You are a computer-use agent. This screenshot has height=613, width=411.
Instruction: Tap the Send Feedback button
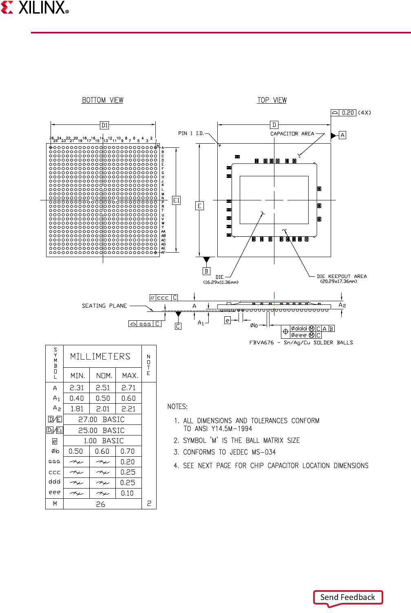[x=348, y=597]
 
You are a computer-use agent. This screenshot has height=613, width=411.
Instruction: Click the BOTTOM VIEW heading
[x=102, y=100]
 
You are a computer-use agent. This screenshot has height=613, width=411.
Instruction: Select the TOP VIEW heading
[x=272, y=100]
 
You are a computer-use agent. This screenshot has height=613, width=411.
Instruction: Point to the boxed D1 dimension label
[x=104, y=125]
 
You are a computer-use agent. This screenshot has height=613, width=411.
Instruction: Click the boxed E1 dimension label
[x=176, y=200]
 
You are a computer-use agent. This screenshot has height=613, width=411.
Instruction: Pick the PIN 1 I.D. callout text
[x=191, y=133]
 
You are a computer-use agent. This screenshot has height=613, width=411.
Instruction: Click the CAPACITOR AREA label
[x=292, y=134]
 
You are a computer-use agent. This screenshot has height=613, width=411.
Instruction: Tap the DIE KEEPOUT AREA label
[x=342, y=276]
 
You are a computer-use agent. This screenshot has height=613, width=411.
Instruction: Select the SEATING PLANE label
[x=104, y=306]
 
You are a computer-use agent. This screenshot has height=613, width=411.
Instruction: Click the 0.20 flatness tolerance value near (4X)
[x=348, y=113]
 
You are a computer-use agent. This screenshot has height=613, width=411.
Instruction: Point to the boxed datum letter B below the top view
[x=206, y=271]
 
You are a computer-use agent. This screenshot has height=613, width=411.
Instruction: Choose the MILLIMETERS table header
[x=100, y=357]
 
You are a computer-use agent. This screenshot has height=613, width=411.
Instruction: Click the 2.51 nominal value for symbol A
[x=103, y=388]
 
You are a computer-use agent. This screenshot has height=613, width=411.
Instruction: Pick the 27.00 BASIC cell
[x=102, y=420]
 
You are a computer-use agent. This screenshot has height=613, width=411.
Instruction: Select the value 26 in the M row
[x=101, y=504]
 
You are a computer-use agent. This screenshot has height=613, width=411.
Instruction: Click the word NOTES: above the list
[x=177, y=406]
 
